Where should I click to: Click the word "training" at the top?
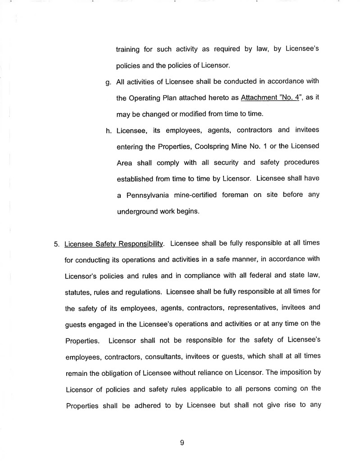(x=128, y=50)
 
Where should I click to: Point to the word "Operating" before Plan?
(x=147, y=99)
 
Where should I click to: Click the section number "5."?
(x=57, y=244)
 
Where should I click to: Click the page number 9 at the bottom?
(x=182, y=443)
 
